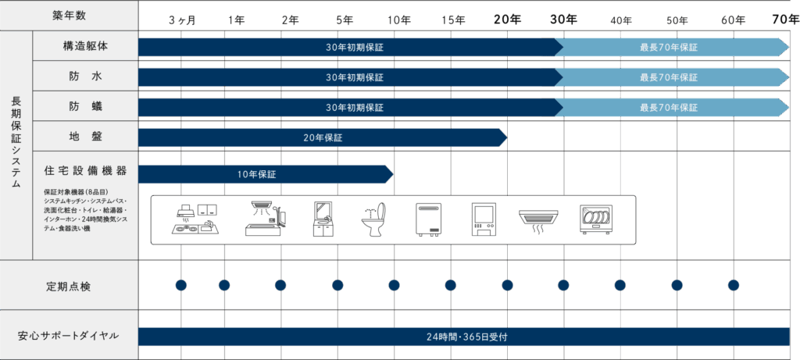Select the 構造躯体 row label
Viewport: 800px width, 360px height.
coord(86,47)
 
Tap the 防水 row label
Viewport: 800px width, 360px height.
coord(86,77)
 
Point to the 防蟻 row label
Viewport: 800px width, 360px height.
coord(86,107)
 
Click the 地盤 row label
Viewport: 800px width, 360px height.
coord(86,137)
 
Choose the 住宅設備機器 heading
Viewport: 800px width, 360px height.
coord(86,170)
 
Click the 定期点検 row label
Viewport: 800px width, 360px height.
coord(69,286)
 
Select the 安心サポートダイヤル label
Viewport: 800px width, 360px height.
coord(69,336)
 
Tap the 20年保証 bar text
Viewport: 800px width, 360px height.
coord(323,138)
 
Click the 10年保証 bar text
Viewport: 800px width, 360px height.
coord(257,173)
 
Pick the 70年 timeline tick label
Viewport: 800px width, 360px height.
coord(784,19)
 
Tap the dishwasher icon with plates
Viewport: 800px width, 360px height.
coord(597,219)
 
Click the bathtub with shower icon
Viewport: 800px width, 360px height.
coord(265,219)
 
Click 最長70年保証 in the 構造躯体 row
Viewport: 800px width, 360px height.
coord(668,48)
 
